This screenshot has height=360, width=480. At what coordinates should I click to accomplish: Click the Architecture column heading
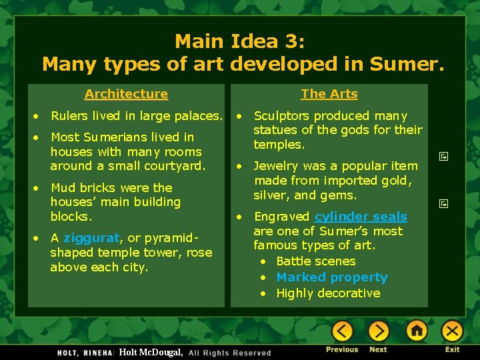coord(126,94)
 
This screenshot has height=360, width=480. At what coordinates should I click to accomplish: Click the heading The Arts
coord(329,94)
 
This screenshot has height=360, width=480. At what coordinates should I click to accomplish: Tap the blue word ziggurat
coord(91,238)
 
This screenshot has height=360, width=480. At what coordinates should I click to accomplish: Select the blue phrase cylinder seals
coord(361,217)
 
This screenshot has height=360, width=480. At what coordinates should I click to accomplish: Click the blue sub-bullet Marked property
coord(331,277)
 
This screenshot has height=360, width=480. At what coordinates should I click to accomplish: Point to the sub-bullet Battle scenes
coord(315,261)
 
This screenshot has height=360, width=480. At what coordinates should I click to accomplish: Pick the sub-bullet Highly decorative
coord(328,293)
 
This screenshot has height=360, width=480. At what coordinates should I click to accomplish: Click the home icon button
coord(417,331)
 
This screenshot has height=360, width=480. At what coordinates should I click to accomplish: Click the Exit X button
coord(452,331)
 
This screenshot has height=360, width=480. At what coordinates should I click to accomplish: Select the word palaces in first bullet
coord(197,116)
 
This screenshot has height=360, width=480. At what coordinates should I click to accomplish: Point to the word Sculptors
coord(283,116)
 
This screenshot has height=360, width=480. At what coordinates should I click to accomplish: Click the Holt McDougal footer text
coord(151,352)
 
